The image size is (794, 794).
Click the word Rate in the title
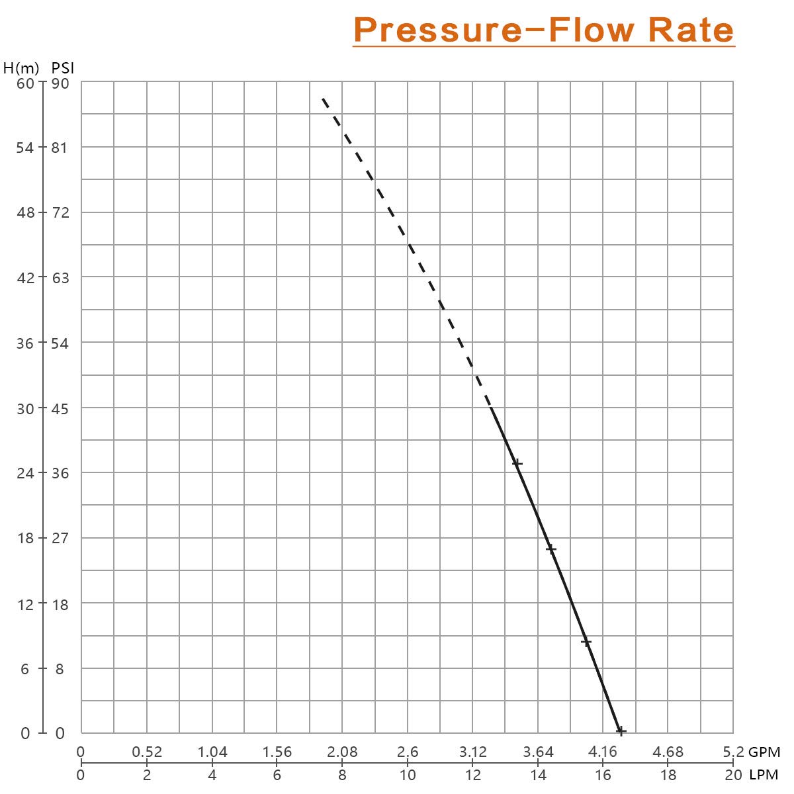pos(691,30)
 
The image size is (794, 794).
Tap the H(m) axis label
pos(21,68)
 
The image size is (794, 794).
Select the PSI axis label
pos(63,68)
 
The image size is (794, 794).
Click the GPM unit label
pos(764,752)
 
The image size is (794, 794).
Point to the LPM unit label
pos(764,775)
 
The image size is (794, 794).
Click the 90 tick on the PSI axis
pos(60,83)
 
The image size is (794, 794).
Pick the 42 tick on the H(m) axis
pos(25,278)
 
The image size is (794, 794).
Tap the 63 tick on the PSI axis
pos(60,278)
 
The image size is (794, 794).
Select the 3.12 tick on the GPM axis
pos(473,752)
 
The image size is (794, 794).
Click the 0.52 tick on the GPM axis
pos(147,752)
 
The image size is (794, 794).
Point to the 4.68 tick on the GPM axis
pos(668,752)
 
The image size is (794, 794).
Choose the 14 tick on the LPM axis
pos(538,775)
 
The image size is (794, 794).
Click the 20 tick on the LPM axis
pos(733,775)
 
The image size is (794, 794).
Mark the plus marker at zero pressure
pos(621,731)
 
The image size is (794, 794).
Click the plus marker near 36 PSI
pos(517,464)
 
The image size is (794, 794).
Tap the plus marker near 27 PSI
pos(551,549)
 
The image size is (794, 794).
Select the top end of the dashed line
pos(323,99)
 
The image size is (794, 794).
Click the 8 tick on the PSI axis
pos(60,669)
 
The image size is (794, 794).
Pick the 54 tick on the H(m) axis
pos(25,148)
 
